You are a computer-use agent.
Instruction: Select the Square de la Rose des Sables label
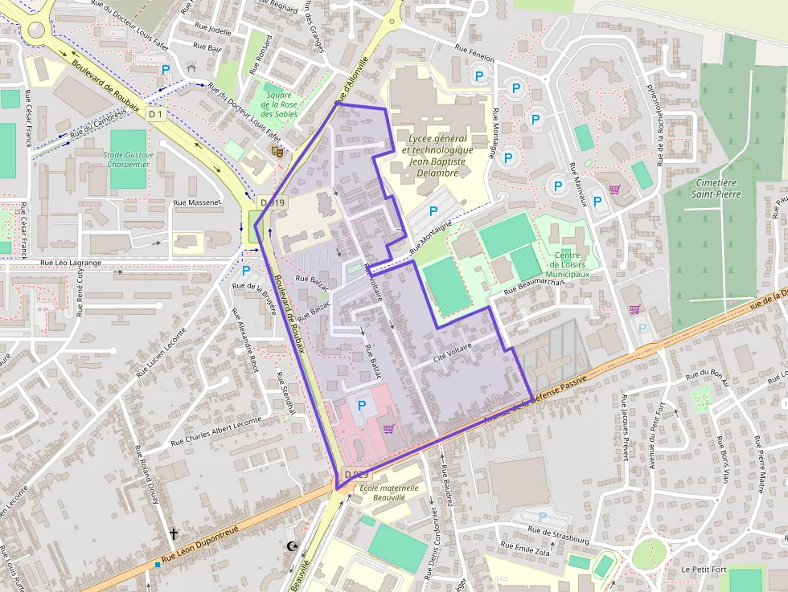coord(278,104)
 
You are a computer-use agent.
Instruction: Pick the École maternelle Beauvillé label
coord(389,492)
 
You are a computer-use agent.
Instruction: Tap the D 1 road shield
coord(156,115)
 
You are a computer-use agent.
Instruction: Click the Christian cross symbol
coord(173,533)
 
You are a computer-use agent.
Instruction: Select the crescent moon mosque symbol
coord(291,547)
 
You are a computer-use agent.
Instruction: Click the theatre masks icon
coord(276,150)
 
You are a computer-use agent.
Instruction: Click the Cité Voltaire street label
coord(452,351)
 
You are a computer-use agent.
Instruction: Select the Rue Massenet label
coord(197,202)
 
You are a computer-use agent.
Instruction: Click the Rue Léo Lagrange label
coord(71,263)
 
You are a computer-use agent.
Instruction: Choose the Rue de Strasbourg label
coord(559,530)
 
